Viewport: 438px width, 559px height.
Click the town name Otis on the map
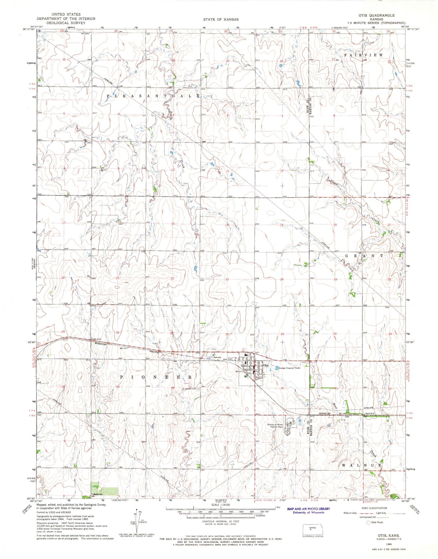[x=266, y=365]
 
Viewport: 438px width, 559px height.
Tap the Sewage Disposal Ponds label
[x=290, y=368]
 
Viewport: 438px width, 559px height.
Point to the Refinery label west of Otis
[x=217, y=358]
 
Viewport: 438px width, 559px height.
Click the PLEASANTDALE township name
[x=153, y=96]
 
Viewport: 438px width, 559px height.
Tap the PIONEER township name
[x=156, y=377]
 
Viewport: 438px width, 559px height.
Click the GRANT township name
[x=365, y=256]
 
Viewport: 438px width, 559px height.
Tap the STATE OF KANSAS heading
[x=221, y=19]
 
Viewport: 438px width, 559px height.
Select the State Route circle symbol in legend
[x=368, y=522]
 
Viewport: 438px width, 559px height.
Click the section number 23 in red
[x=227, y=279]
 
